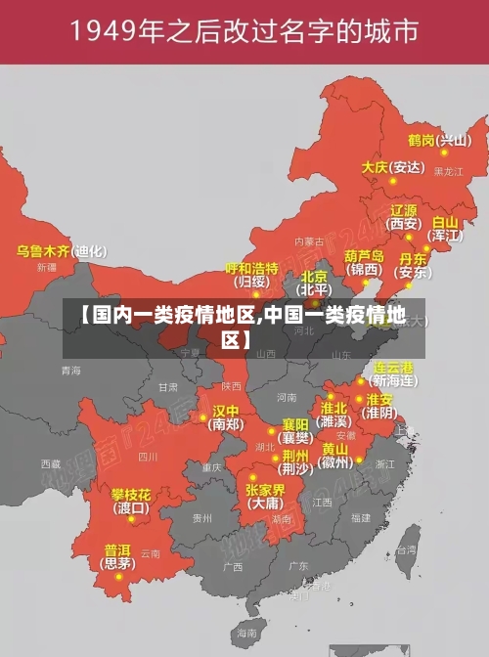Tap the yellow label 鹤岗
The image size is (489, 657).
(422, 140)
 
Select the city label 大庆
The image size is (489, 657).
(375, 167)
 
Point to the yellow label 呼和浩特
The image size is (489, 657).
(252, 268)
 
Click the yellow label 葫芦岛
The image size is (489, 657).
(364, 255)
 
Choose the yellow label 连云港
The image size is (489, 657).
(394, 368)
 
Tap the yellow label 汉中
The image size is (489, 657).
(226, 410)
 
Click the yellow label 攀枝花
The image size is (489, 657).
(130, 494)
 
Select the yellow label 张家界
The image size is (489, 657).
(265, 489)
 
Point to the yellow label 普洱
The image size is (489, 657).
(117, 549)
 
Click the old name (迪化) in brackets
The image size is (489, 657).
(90, 251)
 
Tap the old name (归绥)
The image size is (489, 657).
(252, 282)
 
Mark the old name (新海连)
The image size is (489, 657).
(394, 380)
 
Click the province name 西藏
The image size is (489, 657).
(51, 463)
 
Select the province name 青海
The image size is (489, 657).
(70, 371)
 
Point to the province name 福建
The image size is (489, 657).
(361, 517)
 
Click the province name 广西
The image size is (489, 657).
(232, 566)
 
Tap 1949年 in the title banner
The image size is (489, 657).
(114, 33)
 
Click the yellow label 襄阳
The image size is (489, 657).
(295, 424)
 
